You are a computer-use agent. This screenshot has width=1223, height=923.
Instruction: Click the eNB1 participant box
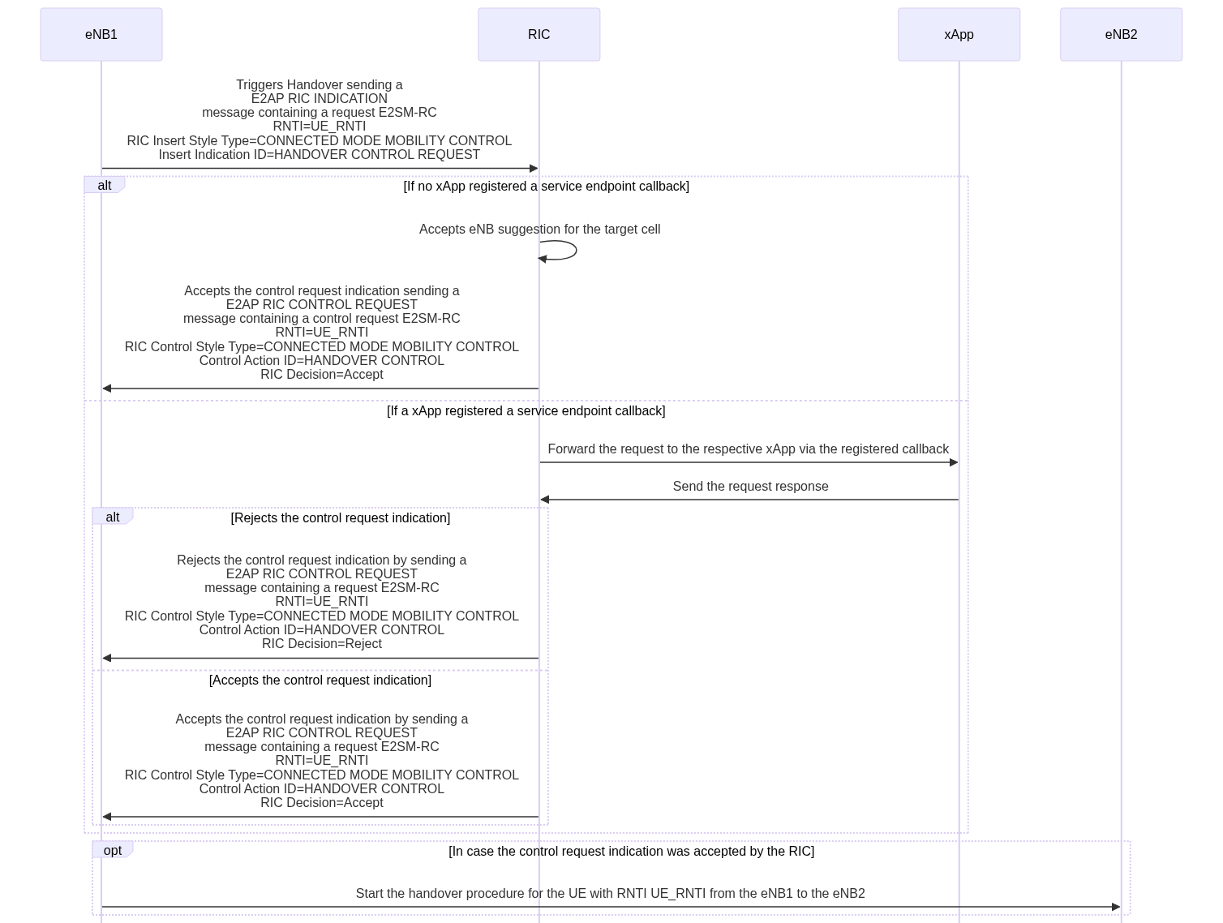(101, 35)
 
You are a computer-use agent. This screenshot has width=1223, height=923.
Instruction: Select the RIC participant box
(539, 35)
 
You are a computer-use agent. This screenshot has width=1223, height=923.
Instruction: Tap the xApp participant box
(959, 35)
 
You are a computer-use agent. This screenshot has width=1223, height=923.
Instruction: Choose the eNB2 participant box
(1121, 35)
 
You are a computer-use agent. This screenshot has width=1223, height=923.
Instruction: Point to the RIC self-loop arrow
(576, 250)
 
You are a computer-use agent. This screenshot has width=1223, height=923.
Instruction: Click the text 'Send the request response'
(750, 487)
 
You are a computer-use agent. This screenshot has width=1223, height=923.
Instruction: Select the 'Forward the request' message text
(748, 449)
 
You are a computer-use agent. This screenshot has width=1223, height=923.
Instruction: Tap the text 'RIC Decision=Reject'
(321, 644)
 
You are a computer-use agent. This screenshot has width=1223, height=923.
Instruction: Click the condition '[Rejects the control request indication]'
(341, 518)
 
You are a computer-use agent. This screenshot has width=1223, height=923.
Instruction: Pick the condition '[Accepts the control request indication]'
(320, 680)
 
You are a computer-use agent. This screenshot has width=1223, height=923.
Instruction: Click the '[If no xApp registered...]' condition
(546, 186)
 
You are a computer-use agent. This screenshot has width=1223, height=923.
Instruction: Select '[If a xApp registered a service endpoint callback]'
(526, 411)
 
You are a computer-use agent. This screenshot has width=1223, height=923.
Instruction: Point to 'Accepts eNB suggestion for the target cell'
(539, 230)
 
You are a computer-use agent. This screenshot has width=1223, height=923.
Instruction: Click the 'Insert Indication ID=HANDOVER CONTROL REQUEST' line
(320, 155)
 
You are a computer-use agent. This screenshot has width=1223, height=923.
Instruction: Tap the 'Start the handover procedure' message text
(610, 894)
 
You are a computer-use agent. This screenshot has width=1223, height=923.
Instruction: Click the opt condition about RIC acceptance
(631, 851)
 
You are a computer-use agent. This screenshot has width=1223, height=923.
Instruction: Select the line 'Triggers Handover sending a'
(320, 84)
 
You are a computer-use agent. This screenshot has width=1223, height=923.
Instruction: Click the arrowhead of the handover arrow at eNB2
(1116, 907)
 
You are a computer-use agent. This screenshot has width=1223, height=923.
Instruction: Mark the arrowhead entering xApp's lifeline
(954, 462)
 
